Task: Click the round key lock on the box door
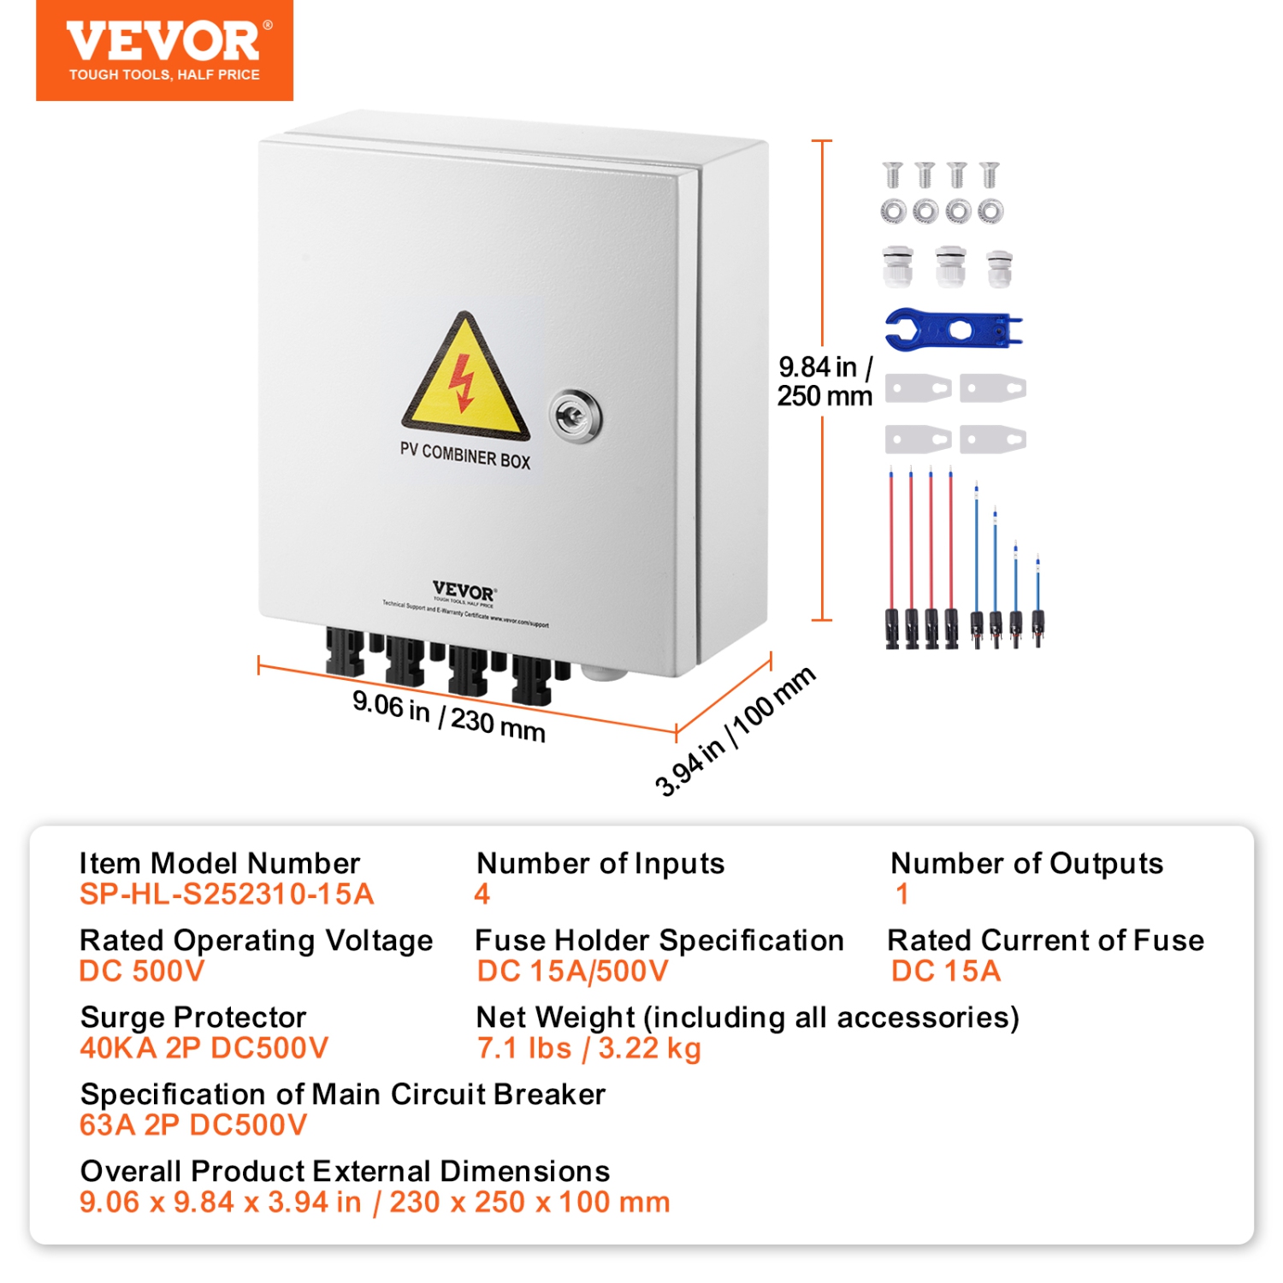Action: click(x=574, y=416)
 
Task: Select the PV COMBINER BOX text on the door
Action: click(x=464, y=455)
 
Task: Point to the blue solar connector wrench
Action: click(x=952, y=329)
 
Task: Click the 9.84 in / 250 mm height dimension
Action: click(x=824, y=381)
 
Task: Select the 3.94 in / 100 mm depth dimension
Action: click(x=734, y=732)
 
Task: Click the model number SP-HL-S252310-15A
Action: click(x=227, y=894)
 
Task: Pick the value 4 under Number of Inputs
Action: click(x=482, y=894)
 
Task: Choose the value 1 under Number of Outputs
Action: click(x=902, y=894)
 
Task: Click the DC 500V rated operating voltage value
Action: click(x=142, y=971)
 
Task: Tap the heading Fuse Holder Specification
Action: click(x=659, y=940)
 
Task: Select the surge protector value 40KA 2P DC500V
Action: click(x=204, y=1048)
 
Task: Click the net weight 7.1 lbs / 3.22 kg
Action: click(x=588, y=1048)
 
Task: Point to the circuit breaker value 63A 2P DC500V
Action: click(x=192, y=1125)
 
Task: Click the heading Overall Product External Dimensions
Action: click(x=345, y=1171)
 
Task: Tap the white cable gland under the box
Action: click(x=604, y=672)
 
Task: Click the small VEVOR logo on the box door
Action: click(x=464, y=592)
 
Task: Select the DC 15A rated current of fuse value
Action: click(x=945, y=971)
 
